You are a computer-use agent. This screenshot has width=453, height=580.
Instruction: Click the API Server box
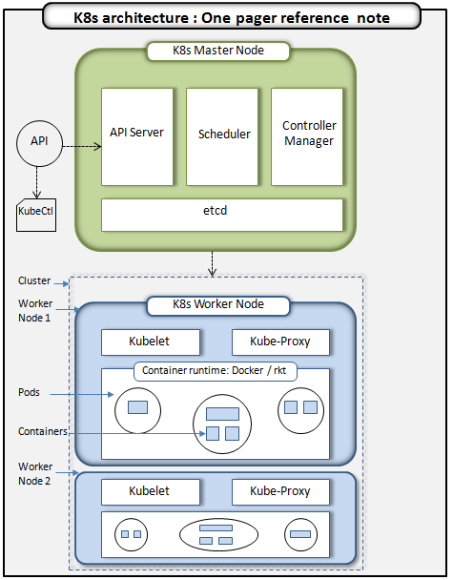tap(137, 136)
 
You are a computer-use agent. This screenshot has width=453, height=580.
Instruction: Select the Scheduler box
tap(223, 136)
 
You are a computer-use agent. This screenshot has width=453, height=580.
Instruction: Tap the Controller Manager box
tap(308, 136)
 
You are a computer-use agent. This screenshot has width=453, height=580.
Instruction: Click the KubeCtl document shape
tap(36, 211)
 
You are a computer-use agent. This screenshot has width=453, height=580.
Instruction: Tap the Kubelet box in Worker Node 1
tap(150, 342)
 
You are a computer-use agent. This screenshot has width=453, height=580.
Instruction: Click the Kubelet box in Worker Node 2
tap(150, 491)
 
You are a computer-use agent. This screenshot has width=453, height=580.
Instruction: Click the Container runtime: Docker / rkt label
tap(215, 371)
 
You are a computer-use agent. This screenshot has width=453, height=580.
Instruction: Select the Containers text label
tap(43, 431)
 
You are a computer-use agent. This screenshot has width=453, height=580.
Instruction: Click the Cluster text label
tap(34, 280)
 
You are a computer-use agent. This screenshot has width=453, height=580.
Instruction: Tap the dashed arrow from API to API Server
tap(82, 146)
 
